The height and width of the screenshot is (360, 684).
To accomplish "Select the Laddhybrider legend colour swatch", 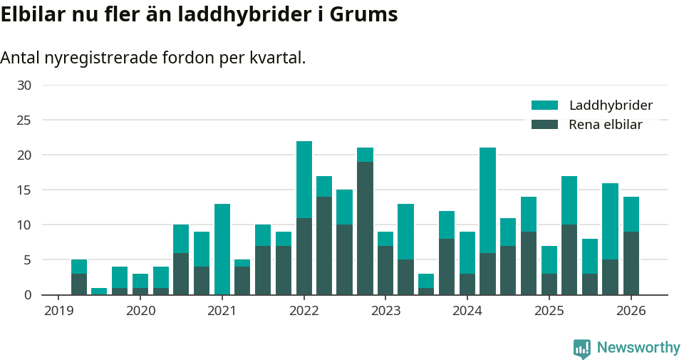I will click(544, 106).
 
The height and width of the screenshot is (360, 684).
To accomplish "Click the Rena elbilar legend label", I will click(606, 125).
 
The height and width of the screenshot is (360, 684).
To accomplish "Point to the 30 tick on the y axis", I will click(24, 86).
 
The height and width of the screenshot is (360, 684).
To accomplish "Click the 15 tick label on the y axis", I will click(24, 190).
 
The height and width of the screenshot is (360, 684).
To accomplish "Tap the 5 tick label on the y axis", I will click(28, 260).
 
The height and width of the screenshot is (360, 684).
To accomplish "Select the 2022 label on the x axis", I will click(304, 311).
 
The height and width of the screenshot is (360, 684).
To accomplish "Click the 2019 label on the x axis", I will click(59, 311).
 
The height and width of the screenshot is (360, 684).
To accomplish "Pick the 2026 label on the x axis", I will click(631, 311).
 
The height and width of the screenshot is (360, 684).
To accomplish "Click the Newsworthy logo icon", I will click(581, 348).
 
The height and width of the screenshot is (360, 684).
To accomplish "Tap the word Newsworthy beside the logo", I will click(638, 348).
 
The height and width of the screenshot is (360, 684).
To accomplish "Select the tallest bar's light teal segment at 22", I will click(304, 180).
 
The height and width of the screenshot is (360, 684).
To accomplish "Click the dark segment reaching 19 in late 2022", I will click(366, 228).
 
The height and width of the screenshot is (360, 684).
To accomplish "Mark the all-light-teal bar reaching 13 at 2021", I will click(222, 250).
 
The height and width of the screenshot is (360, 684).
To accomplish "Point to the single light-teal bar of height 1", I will click(100, 292).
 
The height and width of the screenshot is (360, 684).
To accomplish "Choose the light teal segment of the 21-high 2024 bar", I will click(488, 200).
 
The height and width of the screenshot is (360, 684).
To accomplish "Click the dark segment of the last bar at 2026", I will click(631, 263).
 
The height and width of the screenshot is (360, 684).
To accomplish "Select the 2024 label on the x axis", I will click(467, 311).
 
